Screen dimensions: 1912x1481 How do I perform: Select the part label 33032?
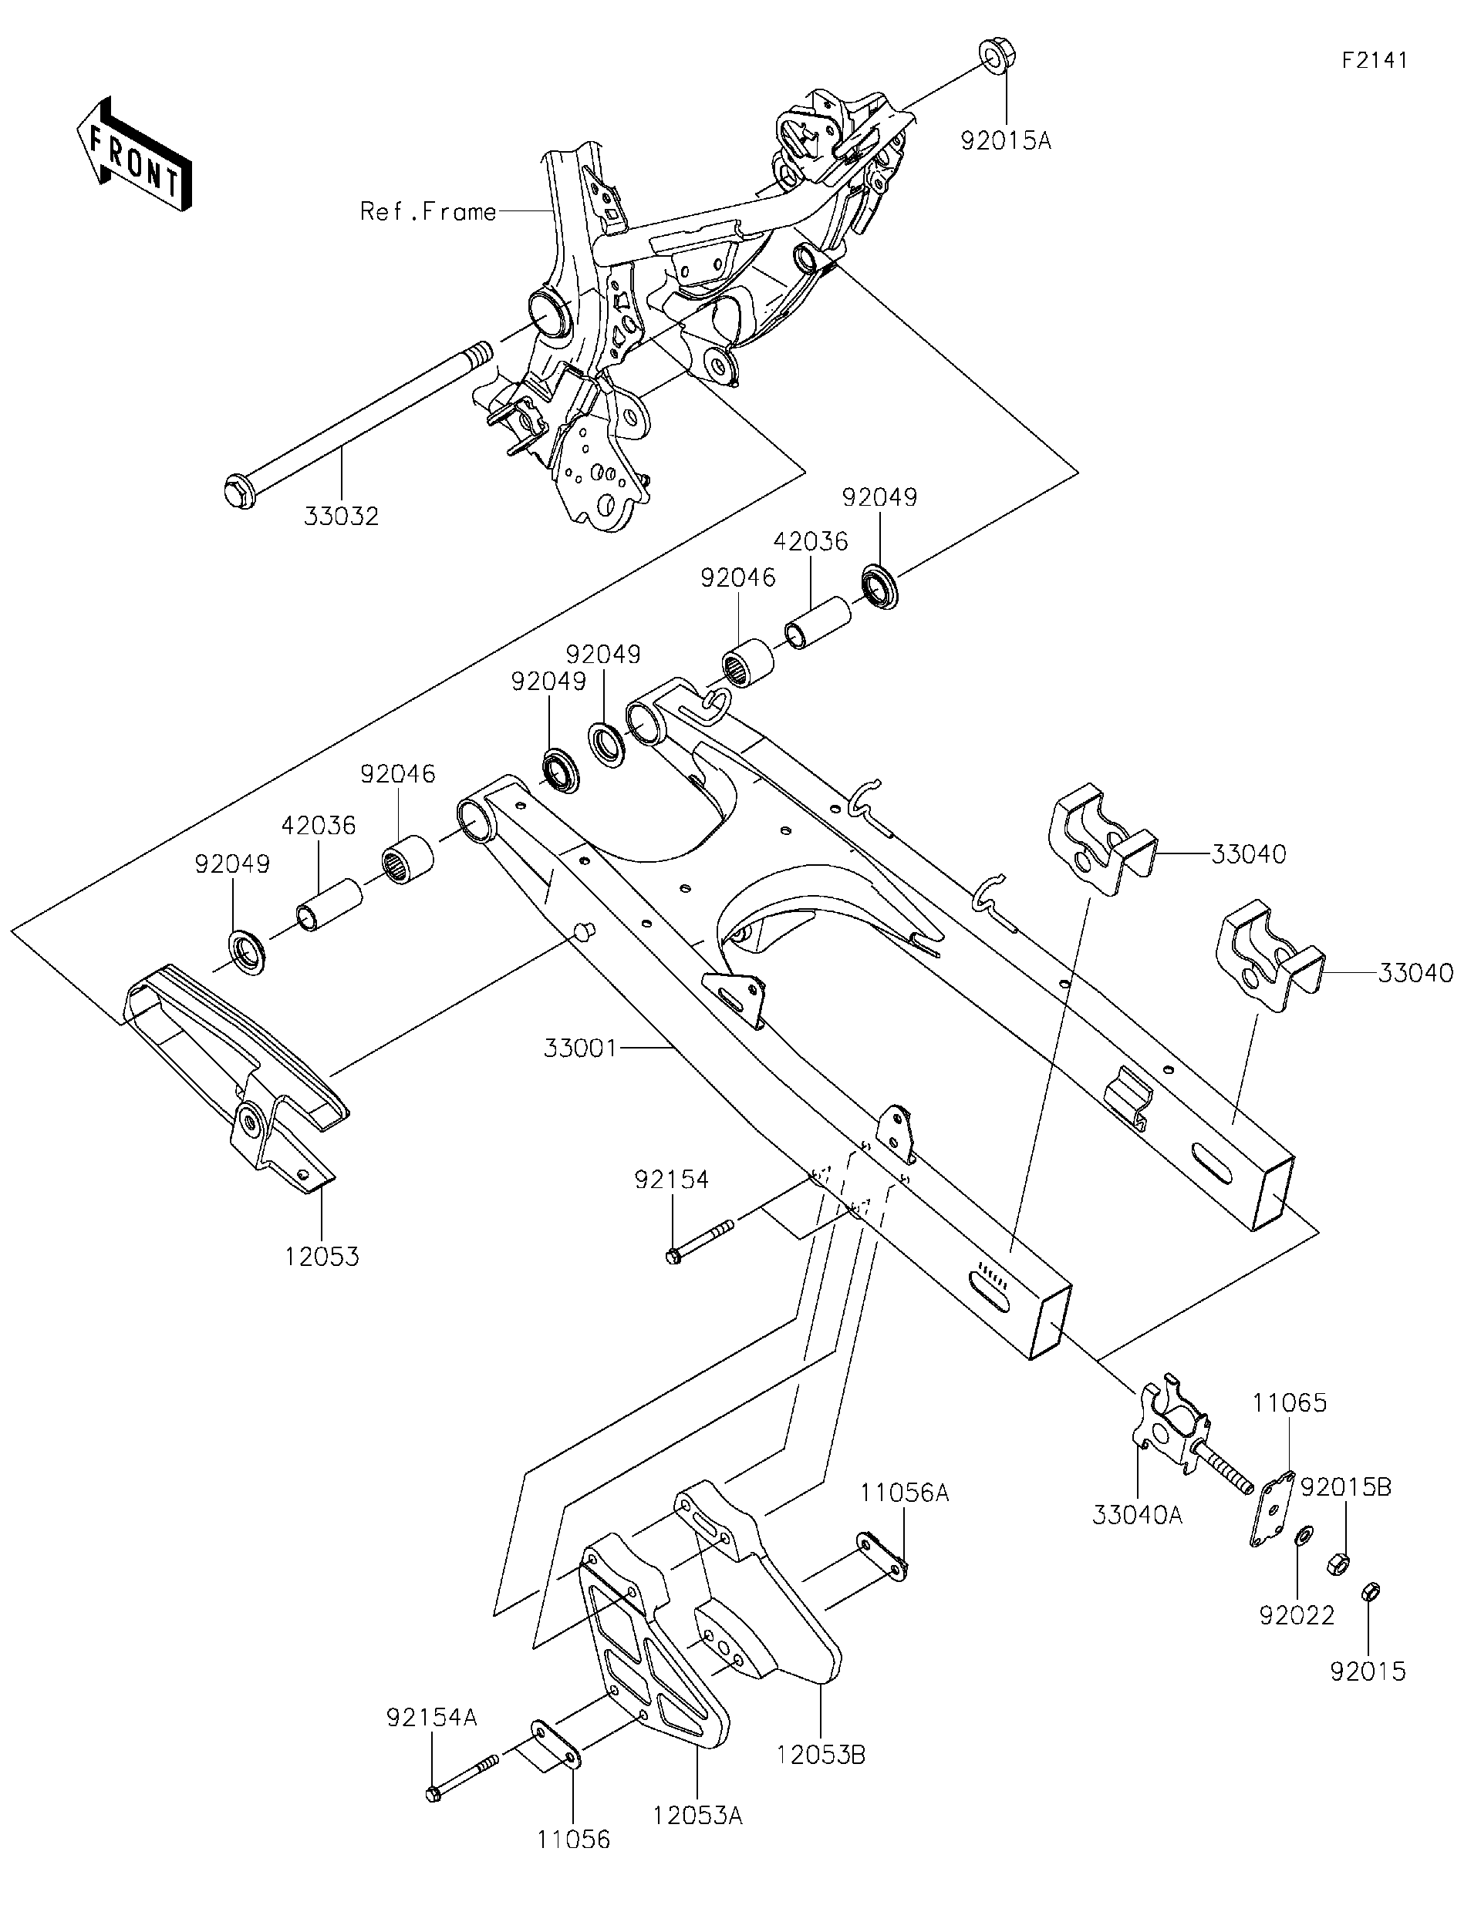[x=342, y=517]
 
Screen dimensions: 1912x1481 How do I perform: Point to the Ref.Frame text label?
[x=428, y=212]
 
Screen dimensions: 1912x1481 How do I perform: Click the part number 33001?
[x=581, y=1047]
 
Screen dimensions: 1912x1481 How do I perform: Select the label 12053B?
[x=821, y=1755]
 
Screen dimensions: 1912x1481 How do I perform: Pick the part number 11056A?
[x=905, y=1492]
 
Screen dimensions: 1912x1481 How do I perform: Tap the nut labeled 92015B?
[x=1337, y=1563]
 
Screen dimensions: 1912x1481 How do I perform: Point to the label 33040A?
[x=1137, y=1514]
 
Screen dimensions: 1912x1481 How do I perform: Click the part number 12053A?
[x=697, y=1815]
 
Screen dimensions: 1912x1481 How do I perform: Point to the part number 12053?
[x=322, y=1256]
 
